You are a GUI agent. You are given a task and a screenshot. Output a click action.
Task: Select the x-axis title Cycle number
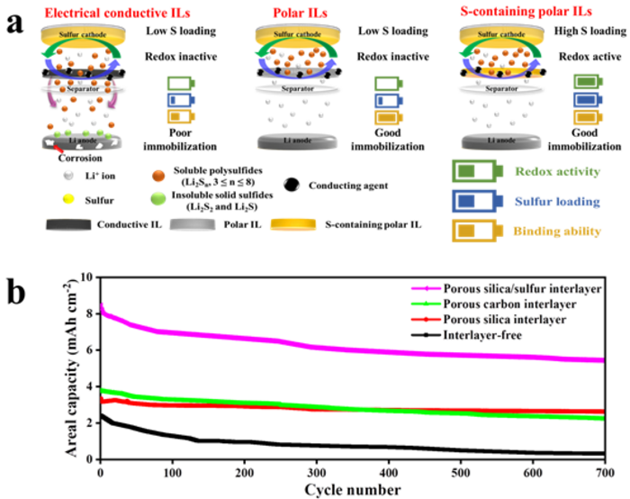tap(352, 488)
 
